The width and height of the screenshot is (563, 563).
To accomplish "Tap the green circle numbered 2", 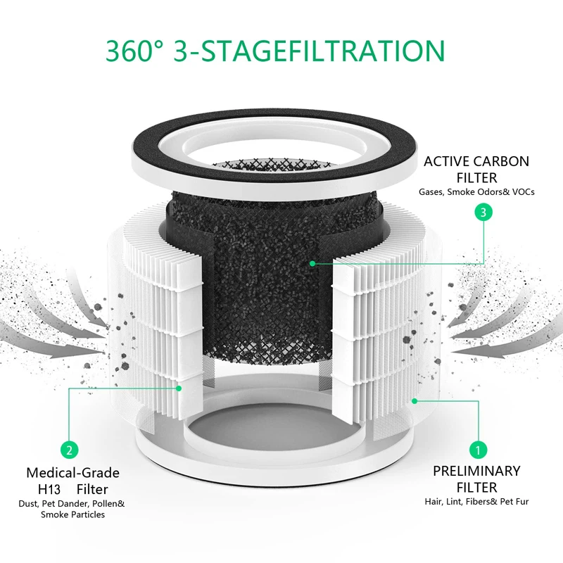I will coord(69,449).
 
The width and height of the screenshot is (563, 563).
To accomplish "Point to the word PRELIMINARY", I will coord(476,471).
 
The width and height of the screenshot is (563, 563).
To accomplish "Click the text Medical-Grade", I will coord(72,472).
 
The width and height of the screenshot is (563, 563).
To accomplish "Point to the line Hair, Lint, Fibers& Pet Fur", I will coord(476,502).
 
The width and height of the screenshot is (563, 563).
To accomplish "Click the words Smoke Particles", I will coord(72,514).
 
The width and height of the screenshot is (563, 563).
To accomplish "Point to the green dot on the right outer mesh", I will coord(415,400).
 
